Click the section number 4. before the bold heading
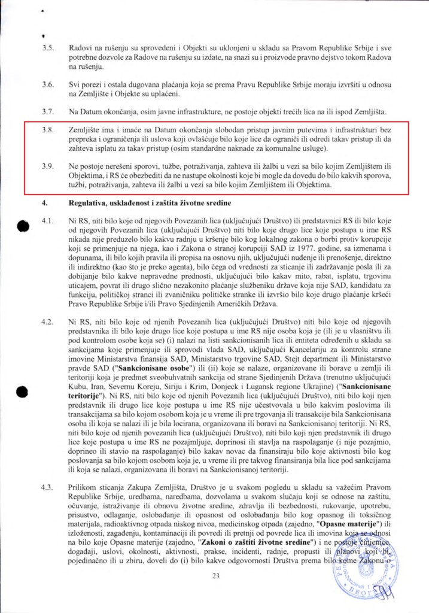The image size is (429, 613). tap(44, 203)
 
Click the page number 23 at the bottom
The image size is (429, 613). tap(216, 576)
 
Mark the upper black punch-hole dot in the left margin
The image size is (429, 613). tap(23, 226)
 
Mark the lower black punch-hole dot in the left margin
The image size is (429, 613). tap(23, 375)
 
